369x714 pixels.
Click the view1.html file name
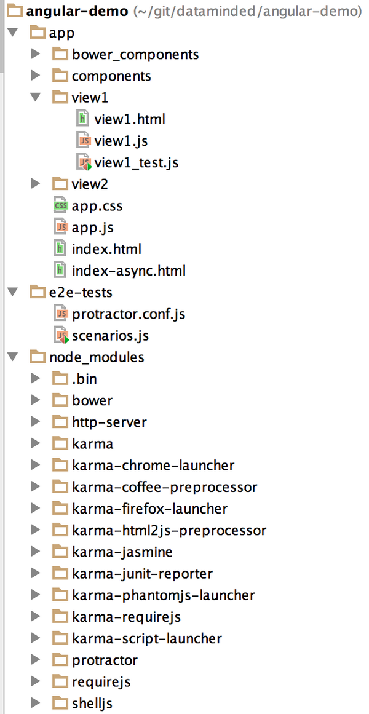point(130,119)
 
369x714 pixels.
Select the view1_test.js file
point(137,163)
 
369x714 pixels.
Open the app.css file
point(97,207)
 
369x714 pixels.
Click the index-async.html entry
point(129,271)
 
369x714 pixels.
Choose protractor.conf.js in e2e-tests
point(129,314)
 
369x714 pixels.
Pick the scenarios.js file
point(110,336)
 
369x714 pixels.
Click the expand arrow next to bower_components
point(36,55)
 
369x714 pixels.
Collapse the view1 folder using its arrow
point(36,98)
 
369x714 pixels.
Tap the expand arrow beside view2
point(36,184)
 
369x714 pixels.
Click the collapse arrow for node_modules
point(13,357)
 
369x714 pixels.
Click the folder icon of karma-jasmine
point(60,552)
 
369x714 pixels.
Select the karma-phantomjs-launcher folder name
point(163,595)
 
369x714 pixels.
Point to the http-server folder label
point(109,422)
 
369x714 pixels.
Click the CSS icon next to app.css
point(60,207)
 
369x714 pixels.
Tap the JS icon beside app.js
point(60,228)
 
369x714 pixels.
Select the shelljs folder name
point(92,704)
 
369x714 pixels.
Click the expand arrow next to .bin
point(36,379)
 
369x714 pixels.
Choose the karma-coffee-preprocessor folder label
point(164,487)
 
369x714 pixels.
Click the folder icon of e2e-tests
point(38,293)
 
